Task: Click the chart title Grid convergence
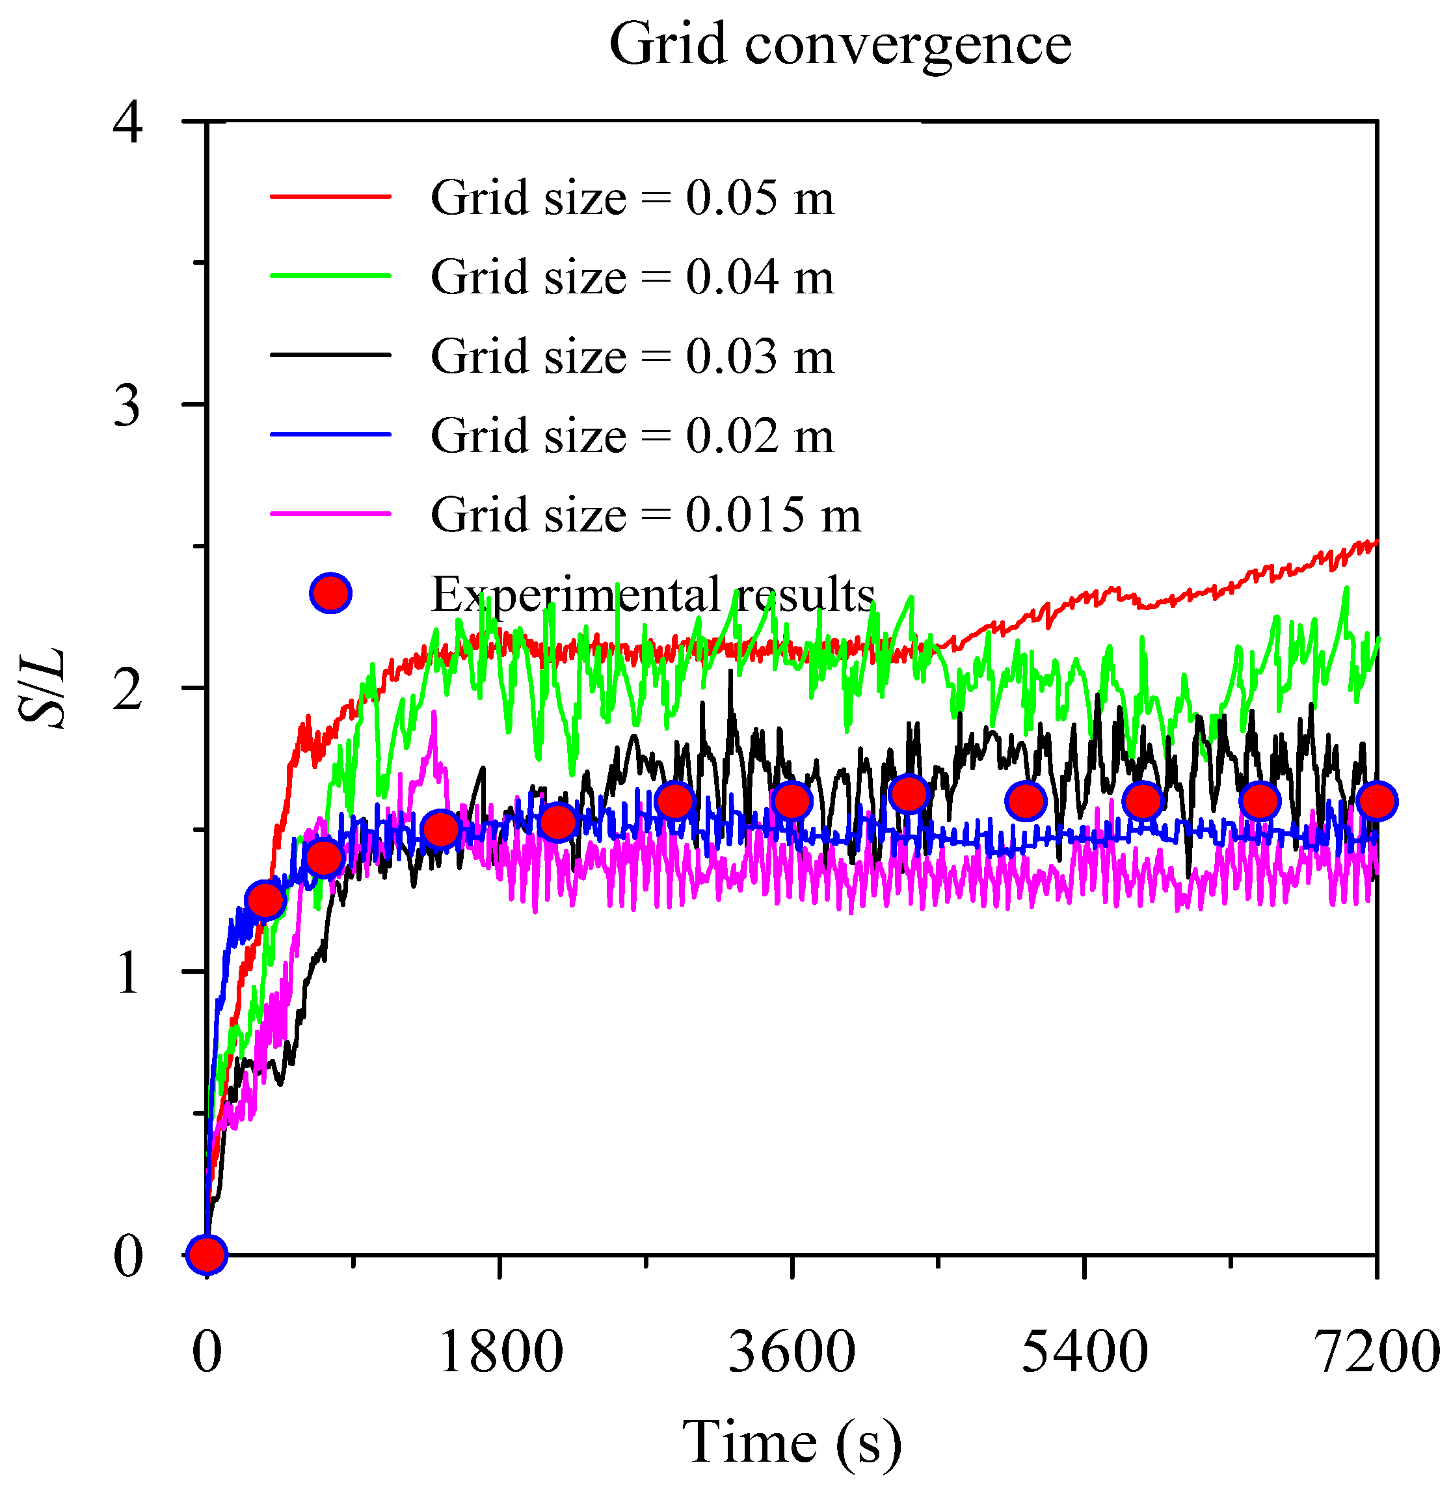pos(840,44)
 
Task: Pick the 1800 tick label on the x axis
pos(500,1352)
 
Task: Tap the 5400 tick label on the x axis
pos(1084,1352)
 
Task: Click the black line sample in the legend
pos(331,355)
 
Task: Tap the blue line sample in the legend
pos(331,435)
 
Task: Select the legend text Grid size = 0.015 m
pos(645,515)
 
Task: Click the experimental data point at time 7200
pos(1376,801)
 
